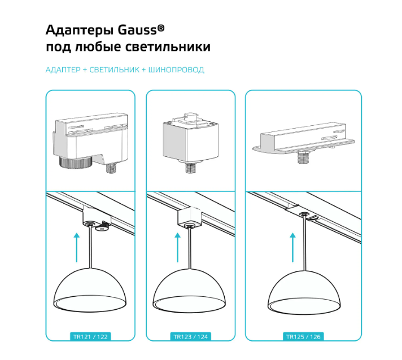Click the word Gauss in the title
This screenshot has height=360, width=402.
[x=137, y=30]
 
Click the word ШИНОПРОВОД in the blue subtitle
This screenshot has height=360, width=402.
[x=176, y=70]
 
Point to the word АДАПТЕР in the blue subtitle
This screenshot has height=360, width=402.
[x=63, y=70]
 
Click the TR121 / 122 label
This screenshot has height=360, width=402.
[x=90, y=337]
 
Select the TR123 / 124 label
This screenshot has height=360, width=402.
[x=190, y=337]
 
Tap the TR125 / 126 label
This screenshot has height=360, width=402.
[x=303, y=337]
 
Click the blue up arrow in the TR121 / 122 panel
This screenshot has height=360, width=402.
[x=76, y=248]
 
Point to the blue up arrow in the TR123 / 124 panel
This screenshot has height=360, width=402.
[x=177, y=248]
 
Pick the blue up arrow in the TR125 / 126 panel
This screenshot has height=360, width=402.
[x=293, y=248]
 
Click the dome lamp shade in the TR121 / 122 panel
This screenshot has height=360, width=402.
[x=90, y=289]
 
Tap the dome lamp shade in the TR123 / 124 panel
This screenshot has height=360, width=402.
[x=189, y=290]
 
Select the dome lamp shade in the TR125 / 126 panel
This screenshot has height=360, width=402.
[x=304, y=292]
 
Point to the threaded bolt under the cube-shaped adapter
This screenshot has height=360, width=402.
[x=190, y=168]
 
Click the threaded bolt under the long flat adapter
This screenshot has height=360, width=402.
[x=304, y=157]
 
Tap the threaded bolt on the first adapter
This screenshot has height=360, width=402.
[x=112, y=168]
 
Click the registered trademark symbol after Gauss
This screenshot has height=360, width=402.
[x=161, y=28]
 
